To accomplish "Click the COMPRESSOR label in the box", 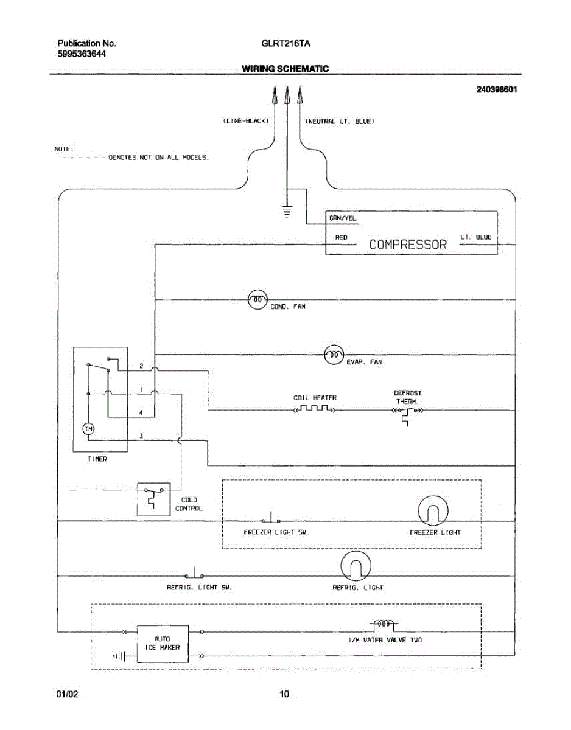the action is (408, 245).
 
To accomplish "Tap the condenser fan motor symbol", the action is (257, 299).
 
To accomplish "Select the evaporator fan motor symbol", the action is (334, 355).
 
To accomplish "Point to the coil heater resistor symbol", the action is (314, 409).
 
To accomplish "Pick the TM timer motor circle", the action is (88, 429).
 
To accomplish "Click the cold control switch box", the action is (154, 499).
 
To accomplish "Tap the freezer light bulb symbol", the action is (433, 511).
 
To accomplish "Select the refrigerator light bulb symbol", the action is (356, 566).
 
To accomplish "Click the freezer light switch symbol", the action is (271, 518).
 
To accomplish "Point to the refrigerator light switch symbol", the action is (194, 573).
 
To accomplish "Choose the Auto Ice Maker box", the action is (163, 644).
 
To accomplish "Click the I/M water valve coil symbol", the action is (384, 624).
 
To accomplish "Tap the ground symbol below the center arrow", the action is (287, 212).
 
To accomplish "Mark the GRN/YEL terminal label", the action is (343, 218).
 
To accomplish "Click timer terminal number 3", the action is (141, 436).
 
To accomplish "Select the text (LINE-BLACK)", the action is (246, 121).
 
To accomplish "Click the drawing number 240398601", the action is (496, 89).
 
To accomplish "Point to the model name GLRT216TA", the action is (285, 44).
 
